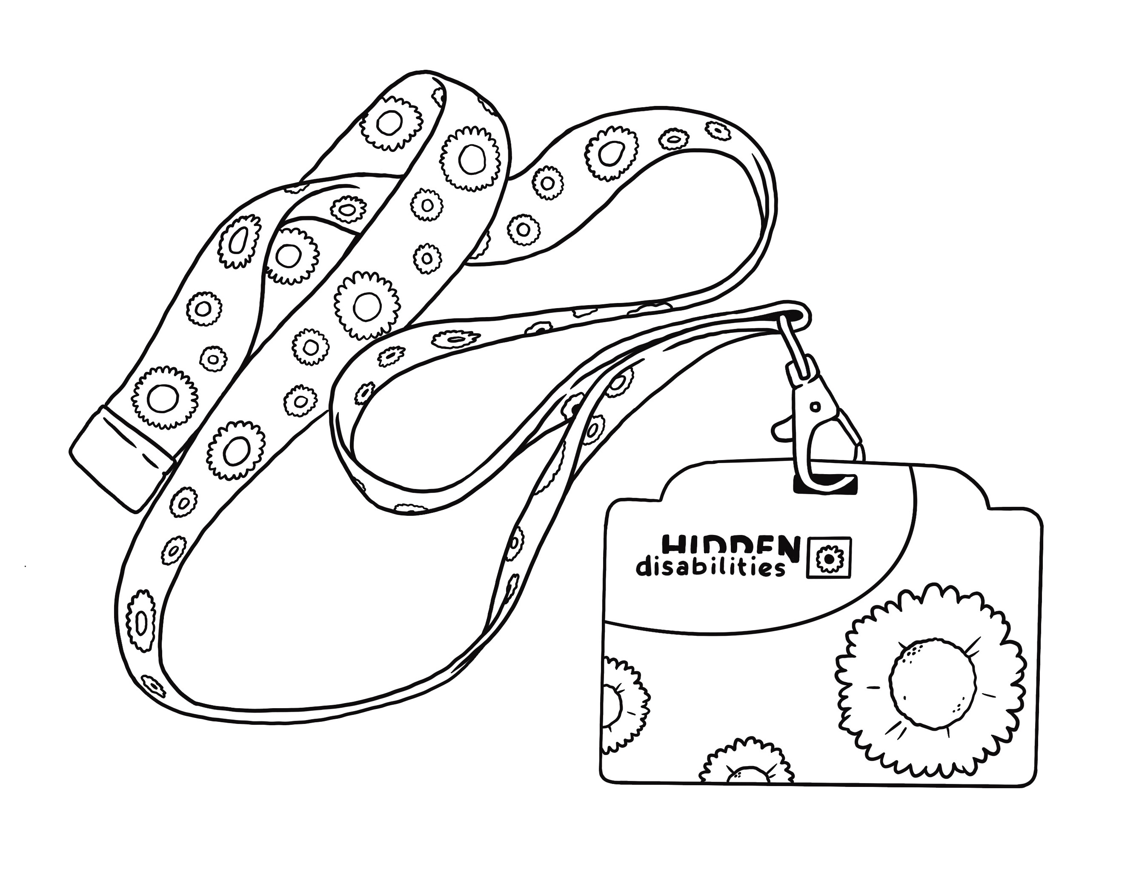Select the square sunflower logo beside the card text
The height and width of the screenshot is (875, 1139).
[828, 557]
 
